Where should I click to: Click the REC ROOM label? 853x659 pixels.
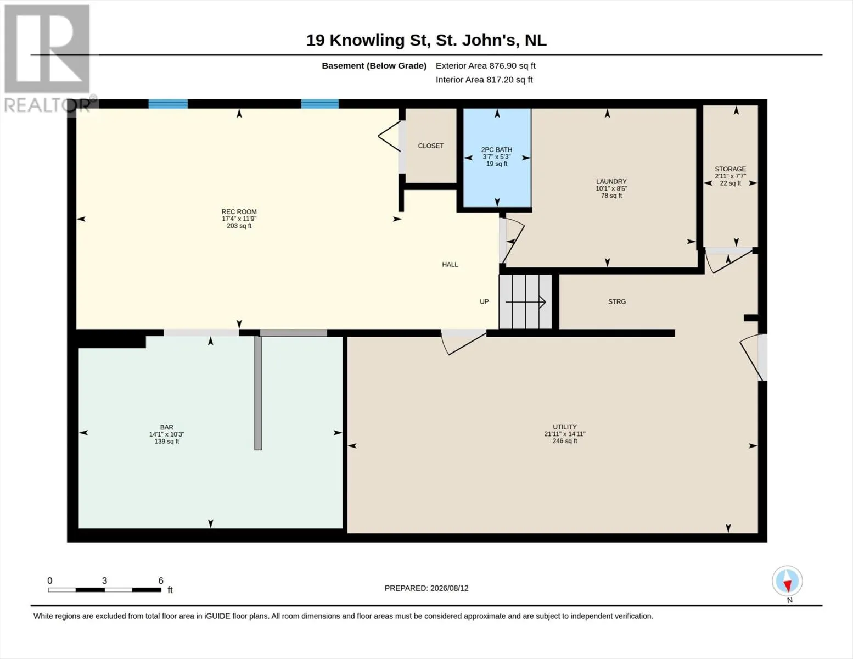point(239,211)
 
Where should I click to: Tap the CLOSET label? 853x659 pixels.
point(431,146)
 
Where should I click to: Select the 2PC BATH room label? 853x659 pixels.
point(497,149)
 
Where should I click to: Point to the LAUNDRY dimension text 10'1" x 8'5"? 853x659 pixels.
point(611,188)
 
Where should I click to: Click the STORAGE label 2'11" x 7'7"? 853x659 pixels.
point(730,176)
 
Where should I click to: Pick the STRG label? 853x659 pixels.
point(616,301)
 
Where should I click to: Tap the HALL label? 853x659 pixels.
point(450,264)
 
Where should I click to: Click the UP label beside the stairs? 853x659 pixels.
point(484,301)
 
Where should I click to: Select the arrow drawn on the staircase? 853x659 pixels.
point(525,302)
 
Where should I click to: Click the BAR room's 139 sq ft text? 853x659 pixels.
point(167,442)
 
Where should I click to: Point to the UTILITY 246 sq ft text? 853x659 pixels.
point(564,441)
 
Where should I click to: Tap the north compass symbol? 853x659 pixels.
point(787,581)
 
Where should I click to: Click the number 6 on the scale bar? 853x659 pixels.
point(160,580)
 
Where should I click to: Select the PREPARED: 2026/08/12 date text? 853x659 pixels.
point(426,588)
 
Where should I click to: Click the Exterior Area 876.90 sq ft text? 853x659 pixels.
point(486,66)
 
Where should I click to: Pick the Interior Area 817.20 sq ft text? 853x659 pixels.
point(484,80)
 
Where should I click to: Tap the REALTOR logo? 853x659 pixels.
point(48,59)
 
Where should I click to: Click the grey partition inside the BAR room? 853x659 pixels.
point(258,393)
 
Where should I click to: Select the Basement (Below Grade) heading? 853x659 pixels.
point(374,66)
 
